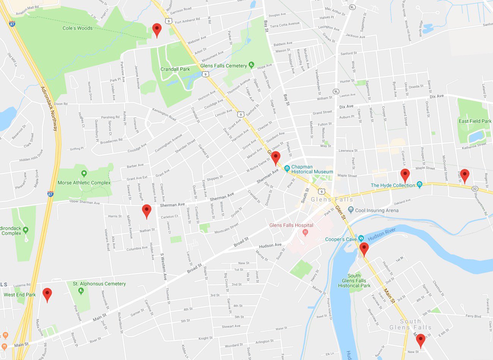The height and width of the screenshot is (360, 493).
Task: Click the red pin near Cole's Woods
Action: (156, 29)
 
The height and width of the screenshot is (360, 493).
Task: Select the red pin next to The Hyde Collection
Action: (405, 175)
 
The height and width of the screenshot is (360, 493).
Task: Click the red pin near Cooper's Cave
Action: (364, 248)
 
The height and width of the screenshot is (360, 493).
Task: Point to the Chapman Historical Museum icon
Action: (287, 168)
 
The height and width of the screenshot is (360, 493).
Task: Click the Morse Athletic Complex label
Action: (84, 183)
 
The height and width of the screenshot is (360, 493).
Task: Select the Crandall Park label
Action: (175, 69)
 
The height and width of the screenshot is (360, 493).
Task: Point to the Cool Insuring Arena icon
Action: (351, 210)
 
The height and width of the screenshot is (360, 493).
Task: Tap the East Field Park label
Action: (475, 121)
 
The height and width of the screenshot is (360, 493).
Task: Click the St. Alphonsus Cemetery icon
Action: (80, 291)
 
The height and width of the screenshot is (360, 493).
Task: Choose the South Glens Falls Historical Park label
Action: (354, 281)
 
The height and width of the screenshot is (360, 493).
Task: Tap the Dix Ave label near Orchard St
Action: (436, 96)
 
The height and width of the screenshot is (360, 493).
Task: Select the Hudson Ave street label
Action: (270, 245)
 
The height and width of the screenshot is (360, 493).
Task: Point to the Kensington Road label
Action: (164, 114)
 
